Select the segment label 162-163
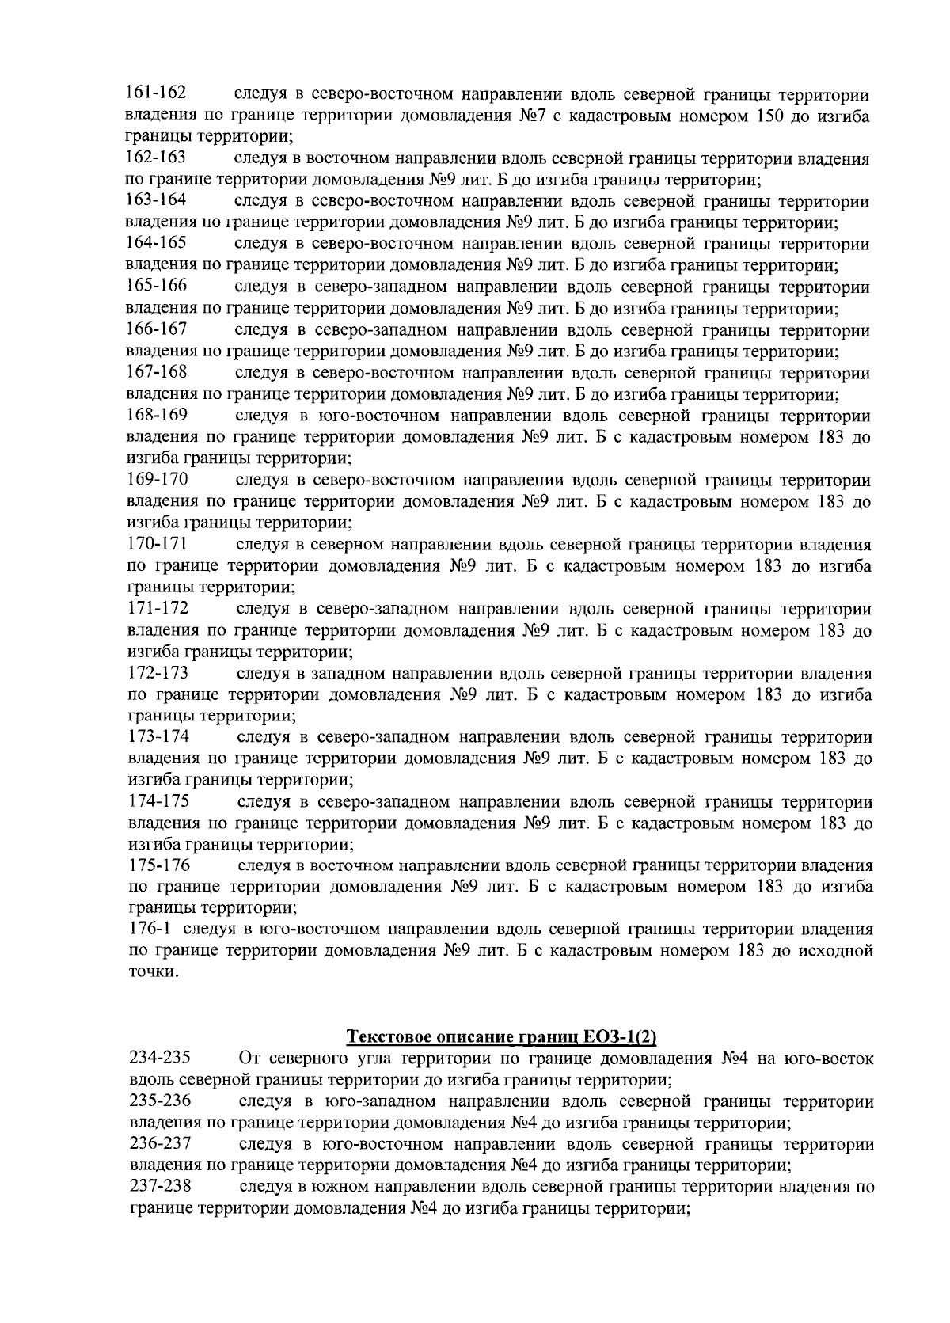pyautogui.click(x=156, y=158)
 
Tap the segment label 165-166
pyautogui.click(x=157, y=286)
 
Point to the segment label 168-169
pyautogui.click(x=157, y=415)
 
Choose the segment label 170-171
pyautogui.click(x=157, y=544)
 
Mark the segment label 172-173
pyautogui.click(x=158, y=673)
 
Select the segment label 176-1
pyautogui.click(x=150, y=929)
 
